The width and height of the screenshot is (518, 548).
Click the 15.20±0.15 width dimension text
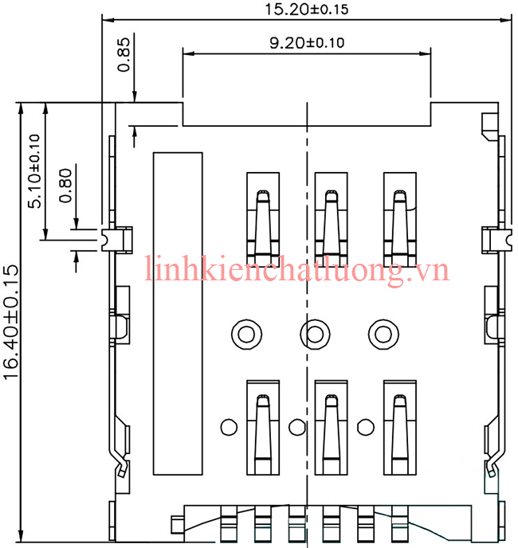point(306,10)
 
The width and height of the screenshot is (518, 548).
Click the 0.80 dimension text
point(65,184)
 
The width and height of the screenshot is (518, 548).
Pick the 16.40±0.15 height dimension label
point(12,322)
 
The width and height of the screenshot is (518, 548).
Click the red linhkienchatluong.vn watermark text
point(297,270)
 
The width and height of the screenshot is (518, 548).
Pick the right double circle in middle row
point(382,332)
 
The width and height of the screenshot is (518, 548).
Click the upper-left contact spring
point(262,219)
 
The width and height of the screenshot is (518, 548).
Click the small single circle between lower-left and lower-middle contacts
point(297,428)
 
